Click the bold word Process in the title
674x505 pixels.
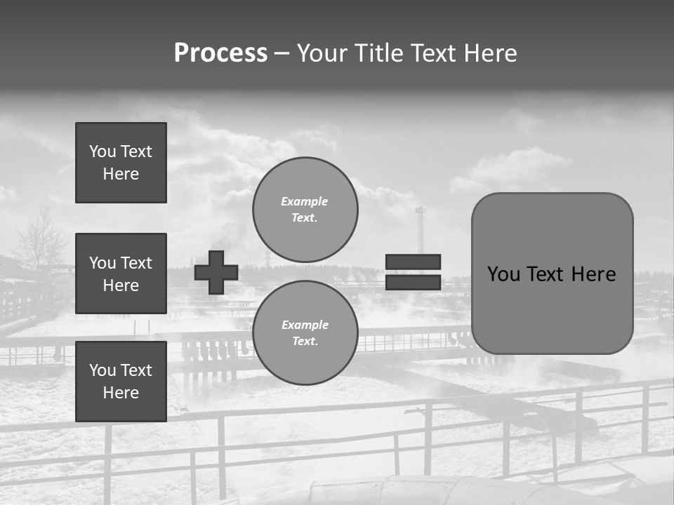(220, 53)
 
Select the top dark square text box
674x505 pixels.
(121, 163)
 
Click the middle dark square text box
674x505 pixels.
(121, 274)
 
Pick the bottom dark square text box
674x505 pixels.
(121, 382)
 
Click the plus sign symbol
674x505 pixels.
(216, 272)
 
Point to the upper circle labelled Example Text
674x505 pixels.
(305, 210)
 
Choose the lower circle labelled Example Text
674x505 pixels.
(305, 333)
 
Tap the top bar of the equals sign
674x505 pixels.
(413, 262)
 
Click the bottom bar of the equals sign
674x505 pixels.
(413, 282)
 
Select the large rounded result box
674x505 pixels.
(552, 274)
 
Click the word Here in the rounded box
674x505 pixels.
(593, 274)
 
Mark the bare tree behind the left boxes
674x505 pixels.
(42, 238)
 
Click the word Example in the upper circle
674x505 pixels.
(305, 201)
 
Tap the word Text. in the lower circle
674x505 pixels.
(305, 342)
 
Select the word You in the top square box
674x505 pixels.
(103, 151)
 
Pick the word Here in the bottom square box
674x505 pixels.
(121, 393)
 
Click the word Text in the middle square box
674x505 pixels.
(136, 263)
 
